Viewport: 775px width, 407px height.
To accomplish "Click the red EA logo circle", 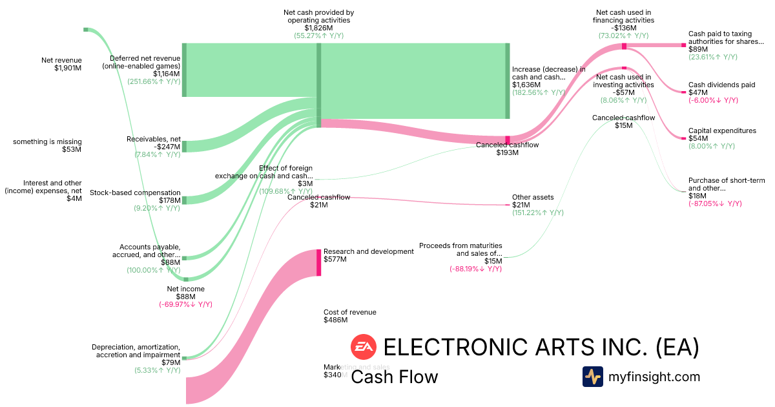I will tap(363, 348).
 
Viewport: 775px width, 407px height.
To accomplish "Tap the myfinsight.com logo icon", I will tap(592, 377).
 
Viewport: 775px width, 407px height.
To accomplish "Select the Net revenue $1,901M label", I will tap(61, 64).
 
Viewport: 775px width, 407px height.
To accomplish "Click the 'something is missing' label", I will tap(48, 145).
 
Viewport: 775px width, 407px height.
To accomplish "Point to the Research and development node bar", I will tap(318, 262).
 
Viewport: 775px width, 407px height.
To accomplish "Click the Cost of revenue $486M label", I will tap(349, 316).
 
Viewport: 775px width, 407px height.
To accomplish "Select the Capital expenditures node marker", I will tap(684, 138).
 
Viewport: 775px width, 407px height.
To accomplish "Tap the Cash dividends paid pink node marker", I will tap(684, 92).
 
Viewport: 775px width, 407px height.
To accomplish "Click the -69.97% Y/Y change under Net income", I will tap(185, 304).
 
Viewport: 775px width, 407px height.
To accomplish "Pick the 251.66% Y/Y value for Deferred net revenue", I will tap(154, 81).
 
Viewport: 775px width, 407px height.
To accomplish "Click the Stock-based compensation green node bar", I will tap(184, 200).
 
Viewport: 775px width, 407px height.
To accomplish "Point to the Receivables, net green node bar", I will tap(184, 146).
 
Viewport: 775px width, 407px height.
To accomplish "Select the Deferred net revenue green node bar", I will tap(184, 70).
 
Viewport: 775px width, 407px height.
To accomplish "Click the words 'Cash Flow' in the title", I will tap(394, 377).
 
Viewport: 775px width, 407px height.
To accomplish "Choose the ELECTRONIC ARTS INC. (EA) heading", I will tap(541, 348).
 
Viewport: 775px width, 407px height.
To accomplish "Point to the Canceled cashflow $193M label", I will tap(507, 149).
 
